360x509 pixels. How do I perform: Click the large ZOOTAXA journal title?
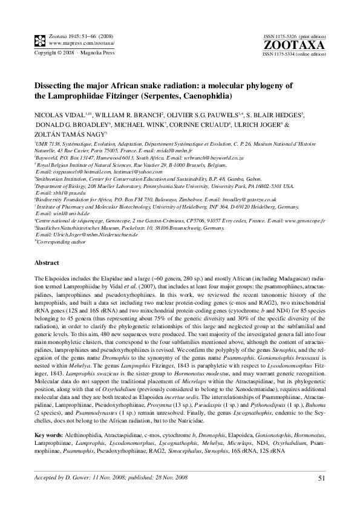303,45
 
